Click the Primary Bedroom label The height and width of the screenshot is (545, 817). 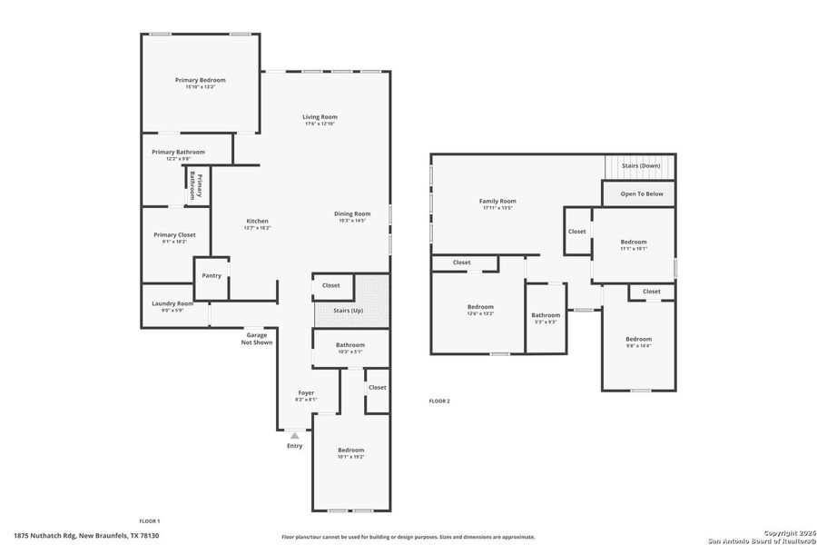point(200,80)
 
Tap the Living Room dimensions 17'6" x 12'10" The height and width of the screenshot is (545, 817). point(320,124)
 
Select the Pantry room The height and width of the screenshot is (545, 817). point(212,276)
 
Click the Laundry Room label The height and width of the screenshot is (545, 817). point(172,303)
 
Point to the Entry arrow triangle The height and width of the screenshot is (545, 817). point(294,436)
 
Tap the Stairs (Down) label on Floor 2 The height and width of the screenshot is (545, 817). point(640,166)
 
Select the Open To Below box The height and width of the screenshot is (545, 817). point(641,193)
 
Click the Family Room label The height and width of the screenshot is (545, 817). point(497,201)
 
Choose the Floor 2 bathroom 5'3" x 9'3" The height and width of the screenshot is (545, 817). point(546,318)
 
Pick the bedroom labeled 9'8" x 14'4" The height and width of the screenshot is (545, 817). point(638,342)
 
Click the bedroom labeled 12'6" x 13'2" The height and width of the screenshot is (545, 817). point(480,310)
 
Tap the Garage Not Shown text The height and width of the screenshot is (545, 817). point(256,339)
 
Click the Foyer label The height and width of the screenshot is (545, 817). point(306,393)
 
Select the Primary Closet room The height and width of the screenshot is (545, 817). point(173,238)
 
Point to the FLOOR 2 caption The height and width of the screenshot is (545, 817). point(439,401)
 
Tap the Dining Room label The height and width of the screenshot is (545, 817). point(354,213)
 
